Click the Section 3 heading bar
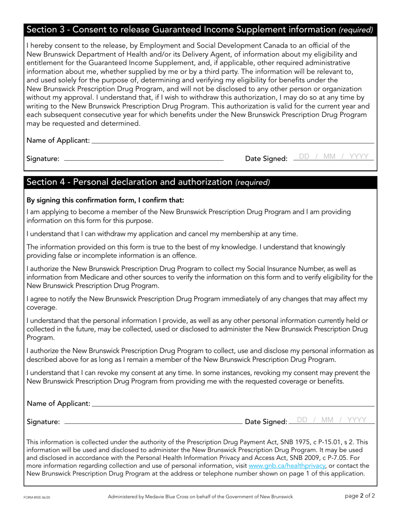(200, 30)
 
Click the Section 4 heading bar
(200, 182)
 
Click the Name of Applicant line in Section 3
(232, 140)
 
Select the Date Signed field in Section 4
(331, 420)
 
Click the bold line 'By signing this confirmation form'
(106, 200)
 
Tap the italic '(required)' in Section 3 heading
(356, 30)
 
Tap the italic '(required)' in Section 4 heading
(252, 182)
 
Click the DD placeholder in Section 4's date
(303, 420)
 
